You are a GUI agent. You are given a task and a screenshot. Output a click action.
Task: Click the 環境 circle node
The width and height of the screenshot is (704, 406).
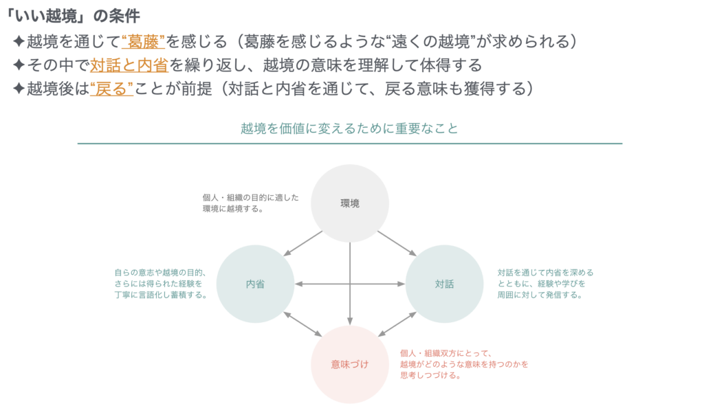[x=350, y=203]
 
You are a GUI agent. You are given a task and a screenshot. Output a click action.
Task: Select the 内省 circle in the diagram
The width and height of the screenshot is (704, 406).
[x=255, y=284]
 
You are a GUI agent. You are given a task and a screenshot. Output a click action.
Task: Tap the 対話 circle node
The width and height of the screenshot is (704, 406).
[x=445, y=284]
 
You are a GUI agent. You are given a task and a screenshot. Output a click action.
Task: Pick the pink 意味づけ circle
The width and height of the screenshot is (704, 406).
[x=350, y=364]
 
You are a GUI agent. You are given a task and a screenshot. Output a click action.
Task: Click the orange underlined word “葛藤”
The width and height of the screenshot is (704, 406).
[x=143, y=42]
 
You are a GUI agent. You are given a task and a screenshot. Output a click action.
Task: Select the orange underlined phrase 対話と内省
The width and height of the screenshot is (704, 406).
[x=129, y=65]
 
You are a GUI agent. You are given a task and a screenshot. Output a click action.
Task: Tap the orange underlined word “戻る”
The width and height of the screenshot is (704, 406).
[x=111, y=89]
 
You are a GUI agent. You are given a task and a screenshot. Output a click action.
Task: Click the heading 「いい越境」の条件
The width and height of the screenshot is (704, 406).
[x=73, y=16]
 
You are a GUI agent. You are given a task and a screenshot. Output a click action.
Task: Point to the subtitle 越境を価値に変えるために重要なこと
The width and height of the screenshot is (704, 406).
[x=349, y=128]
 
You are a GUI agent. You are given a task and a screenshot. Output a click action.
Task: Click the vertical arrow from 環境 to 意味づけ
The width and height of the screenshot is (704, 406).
[x=350, y=284]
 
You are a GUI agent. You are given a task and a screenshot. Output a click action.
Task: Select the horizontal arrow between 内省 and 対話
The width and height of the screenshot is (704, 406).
[x=350, y=284]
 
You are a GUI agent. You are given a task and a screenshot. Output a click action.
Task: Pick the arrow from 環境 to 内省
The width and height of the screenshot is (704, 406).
[x=302, y=244]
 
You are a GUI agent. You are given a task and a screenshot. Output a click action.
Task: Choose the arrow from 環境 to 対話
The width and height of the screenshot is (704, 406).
[x=397, y=244]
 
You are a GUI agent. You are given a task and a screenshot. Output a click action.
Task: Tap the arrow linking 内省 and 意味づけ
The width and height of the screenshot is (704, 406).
[x=302, y=324]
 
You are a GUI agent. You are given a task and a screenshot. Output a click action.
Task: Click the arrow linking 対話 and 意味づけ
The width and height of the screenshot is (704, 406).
[x=397, y=324]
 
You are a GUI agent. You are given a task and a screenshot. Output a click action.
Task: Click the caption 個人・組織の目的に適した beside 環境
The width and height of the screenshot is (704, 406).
[x=250, y=197]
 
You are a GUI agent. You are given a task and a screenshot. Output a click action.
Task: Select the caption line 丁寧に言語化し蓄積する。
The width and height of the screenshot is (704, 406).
[x=160, y=295]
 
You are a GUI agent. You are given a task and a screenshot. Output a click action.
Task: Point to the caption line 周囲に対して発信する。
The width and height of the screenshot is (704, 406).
[x=539, y=295]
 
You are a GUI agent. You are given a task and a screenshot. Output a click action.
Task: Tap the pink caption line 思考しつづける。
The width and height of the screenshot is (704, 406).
[x=430, y=376]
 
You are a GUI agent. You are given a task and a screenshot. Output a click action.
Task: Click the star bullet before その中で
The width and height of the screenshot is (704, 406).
[x=19, y=65]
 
